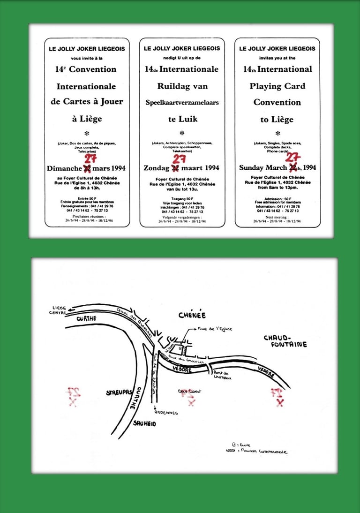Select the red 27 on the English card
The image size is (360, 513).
(x=293, y=158)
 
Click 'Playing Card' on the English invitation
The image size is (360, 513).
(x=277, y=86)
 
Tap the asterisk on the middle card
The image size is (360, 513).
(x=182, y=133)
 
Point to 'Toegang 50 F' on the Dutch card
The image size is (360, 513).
(x=182, y=199)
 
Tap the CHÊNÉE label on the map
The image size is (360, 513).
(x=192, y=315)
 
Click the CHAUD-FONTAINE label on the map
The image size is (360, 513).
(x=285, y=341)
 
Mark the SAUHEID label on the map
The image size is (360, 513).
(x=144, y=423)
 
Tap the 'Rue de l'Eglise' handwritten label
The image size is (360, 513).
(x=215, y=329)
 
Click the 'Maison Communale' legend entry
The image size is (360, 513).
(x=268, y=452)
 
